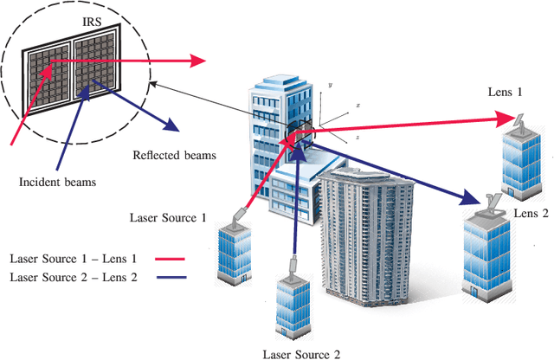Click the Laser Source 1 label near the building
click(x=167, y=218)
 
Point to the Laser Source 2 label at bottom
click(x=301, y=353)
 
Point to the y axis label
click(x=331, y=86)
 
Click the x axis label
click(x=357, y=106)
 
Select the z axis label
click(x=357, y=137)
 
